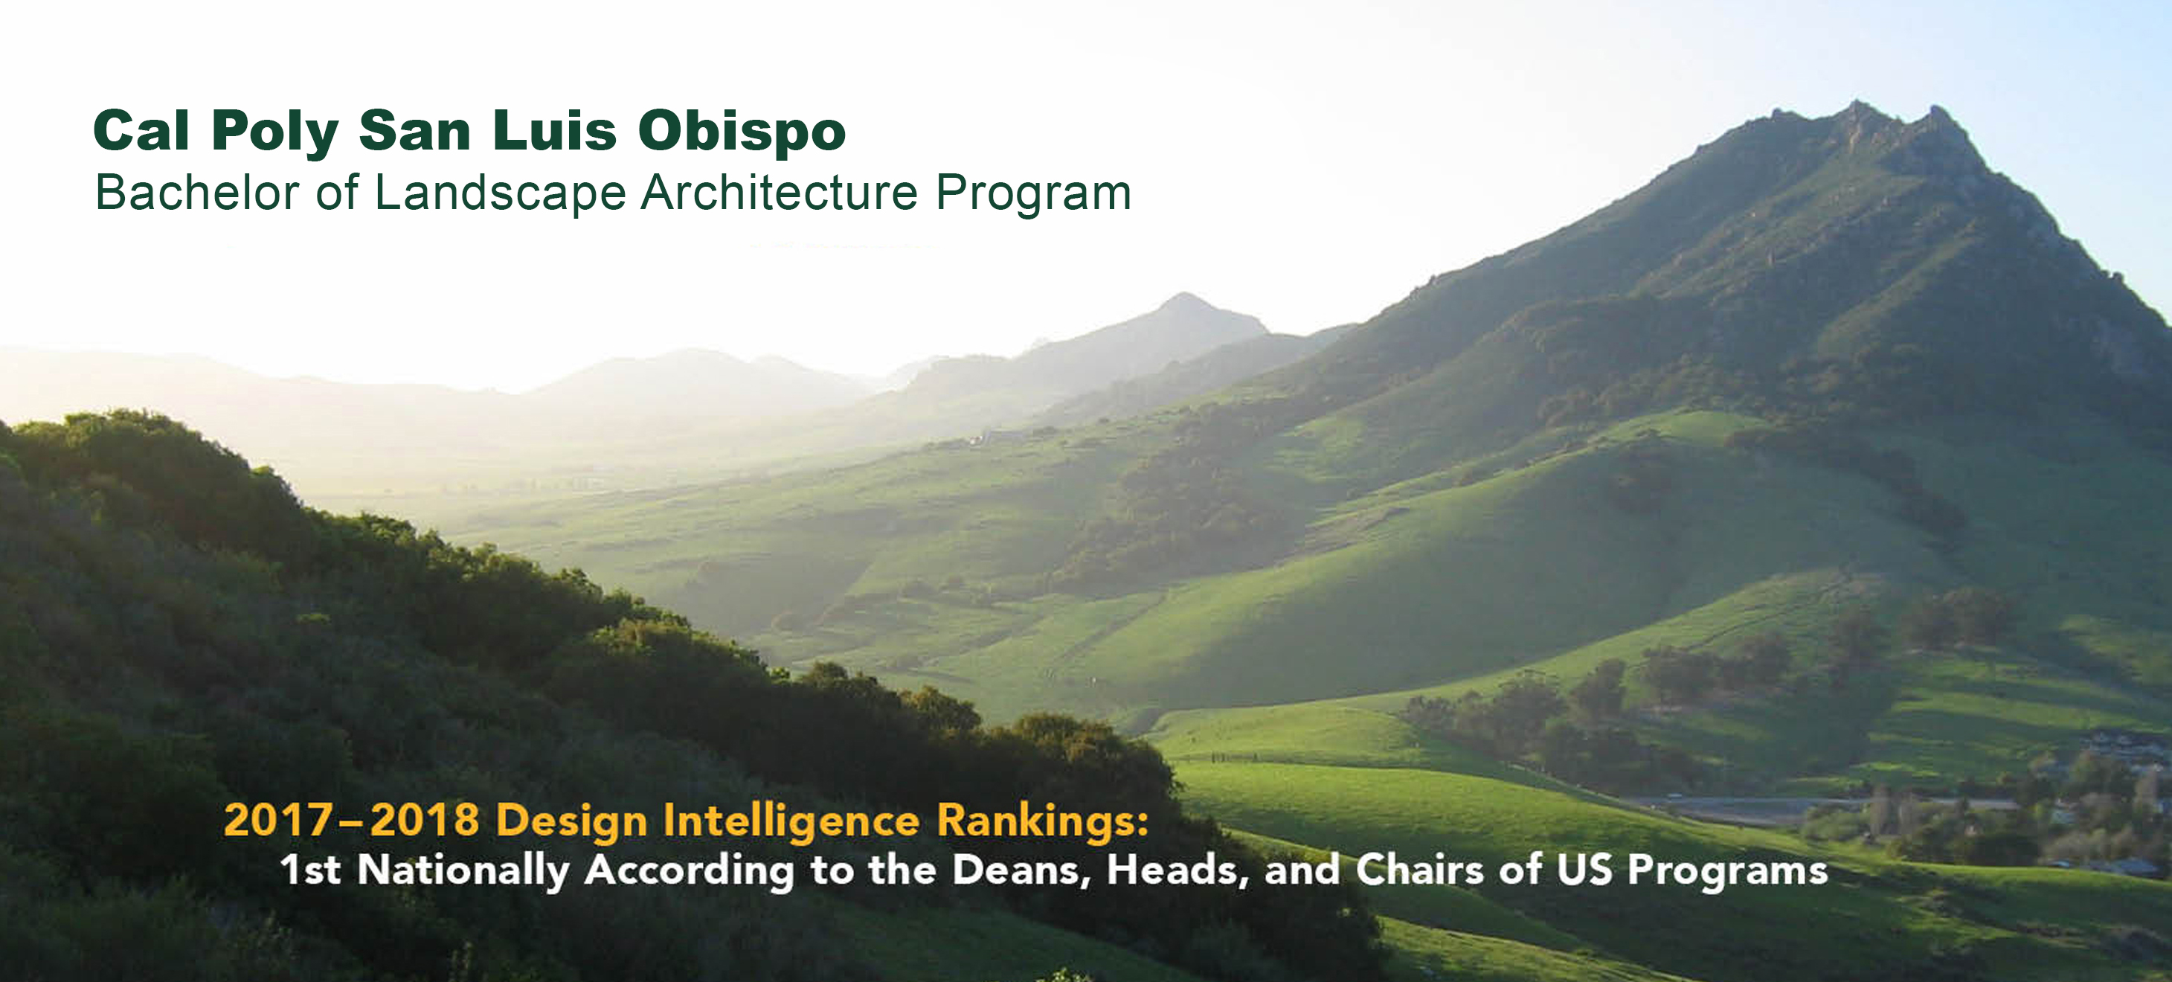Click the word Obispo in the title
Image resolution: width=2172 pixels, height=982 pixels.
742,132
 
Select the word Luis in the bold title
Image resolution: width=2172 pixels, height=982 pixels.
555,131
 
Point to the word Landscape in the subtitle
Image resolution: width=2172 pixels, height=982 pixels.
500,193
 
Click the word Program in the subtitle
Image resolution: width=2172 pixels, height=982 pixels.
1034,194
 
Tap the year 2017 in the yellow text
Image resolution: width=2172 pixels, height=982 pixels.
279,820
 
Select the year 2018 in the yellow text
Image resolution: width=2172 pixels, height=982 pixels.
425,820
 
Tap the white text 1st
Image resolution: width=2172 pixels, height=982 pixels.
310,870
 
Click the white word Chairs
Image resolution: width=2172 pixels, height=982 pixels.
1419,870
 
